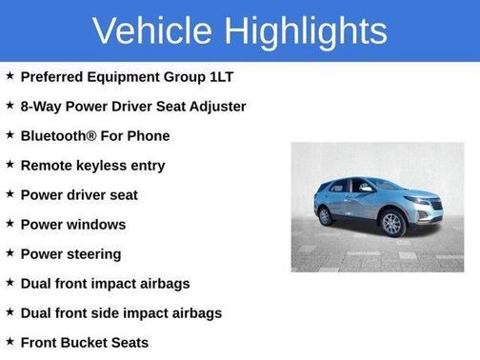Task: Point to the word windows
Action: pyautogui.click(x=94, y=225)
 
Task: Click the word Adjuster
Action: pyautogui.click(x=216, y=106)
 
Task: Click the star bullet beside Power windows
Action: pyautogui.click(x=10, y=224)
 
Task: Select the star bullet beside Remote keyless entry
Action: pyautogui.click(x=10, y=164)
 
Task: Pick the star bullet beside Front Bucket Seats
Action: pyautogui.click(x=10, y=342)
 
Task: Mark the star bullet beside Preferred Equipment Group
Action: pyautogui.click(x=10, y=75)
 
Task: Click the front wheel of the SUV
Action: pyautogui.click(x=390, y=225)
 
